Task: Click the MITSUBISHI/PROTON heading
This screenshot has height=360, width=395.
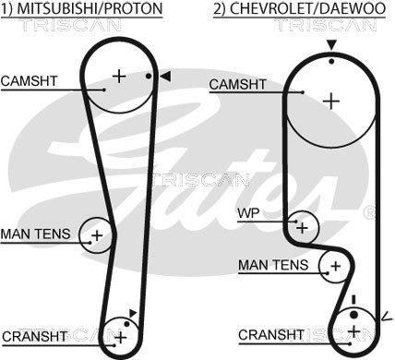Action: (x=90, y=8)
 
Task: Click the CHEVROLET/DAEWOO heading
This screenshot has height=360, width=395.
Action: (x=308, y=8)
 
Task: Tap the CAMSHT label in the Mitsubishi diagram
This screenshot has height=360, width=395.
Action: (x=30, y=81)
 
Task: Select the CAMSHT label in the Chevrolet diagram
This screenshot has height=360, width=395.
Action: (x=237, y=84)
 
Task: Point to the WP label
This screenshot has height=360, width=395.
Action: (x=248, y=213)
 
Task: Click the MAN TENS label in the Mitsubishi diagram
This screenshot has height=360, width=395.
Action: (x=36, y=234)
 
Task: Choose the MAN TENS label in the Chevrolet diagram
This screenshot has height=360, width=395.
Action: (x=273, y=265)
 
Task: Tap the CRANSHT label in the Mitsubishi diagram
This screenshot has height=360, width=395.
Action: (x=35, y=336)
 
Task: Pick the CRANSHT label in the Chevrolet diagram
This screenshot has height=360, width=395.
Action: (x=270, y=335)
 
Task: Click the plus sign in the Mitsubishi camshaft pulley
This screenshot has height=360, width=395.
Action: (x=119, y=76)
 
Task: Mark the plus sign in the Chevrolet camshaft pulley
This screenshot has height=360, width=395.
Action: (x=331, y=102)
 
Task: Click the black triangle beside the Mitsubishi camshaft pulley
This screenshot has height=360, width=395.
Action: (x=165, y=77)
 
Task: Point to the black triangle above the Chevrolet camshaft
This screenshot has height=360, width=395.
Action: (x=331, y=45)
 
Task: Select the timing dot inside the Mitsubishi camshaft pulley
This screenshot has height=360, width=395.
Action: (x=149, y=76)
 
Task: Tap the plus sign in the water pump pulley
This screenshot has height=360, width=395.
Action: (x=303, y=228)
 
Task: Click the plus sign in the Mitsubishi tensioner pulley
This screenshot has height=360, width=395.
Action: (x=97, y=235)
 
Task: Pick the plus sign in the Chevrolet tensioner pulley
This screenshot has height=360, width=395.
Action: (x=336, y=266)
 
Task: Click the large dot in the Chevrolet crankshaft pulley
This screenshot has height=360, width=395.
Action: (x=354, y=315)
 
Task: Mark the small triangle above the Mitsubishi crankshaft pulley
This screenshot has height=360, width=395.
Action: (x=133, y=313)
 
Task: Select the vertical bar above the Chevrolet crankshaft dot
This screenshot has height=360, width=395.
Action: (x=354, y=300)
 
